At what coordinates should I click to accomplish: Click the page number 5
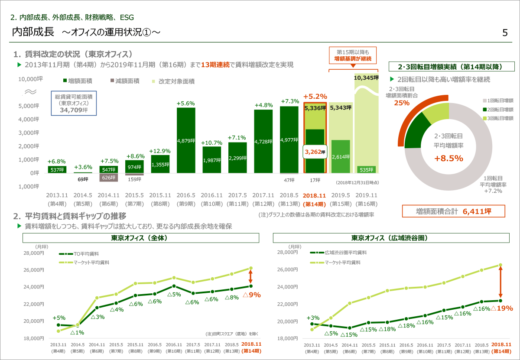[505, 33]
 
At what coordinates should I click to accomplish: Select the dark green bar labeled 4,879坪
[186, 140]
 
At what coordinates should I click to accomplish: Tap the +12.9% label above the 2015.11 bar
[160, 151]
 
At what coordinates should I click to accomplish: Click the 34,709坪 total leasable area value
[74, 110]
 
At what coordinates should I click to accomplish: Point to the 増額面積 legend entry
[79, 81]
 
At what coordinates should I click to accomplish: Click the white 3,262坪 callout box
[315, 152]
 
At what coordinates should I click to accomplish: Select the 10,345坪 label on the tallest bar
[366, 78]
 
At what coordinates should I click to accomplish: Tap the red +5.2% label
[315, 96]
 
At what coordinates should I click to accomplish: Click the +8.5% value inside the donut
[448, 158]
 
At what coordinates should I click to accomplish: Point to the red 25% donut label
[402, 103]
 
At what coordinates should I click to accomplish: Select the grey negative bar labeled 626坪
[108, 177]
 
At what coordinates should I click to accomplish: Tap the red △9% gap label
[252, 295]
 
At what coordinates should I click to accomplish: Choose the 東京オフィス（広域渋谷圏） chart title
[392, 238]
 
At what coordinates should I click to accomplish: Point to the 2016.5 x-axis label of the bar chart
[186, 195]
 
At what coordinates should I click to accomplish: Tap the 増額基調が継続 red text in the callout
[352, 59]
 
